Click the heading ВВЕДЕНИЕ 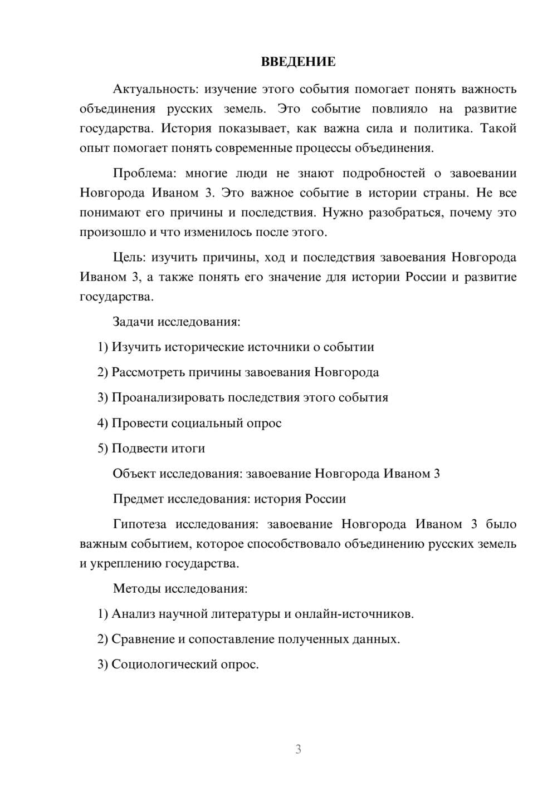click(298, 62)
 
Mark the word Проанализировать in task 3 click(168, 397)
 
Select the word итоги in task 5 click(188, 448)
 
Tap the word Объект click(134, 474)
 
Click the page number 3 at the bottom click(298, 749)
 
